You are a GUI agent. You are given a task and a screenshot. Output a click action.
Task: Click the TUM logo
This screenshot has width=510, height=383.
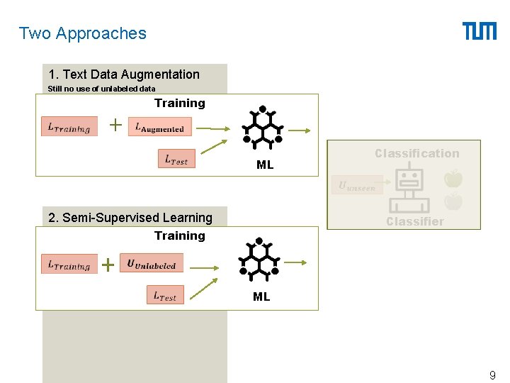pyautogui.click(x=480, y=31)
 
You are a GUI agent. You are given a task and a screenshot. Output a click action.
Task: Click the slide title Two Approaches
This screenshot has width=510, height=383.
pyautogui.click(x=82, y=33)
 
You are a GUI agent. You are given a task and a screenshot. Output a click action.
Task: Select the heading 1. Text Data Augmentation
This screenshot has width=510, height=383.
pyautogui.click(x=124, y=74)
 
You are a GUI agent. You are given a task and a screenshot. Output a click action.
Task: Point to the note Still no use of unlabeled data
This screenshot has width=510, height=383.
pyautogui.click(x=101, y=89)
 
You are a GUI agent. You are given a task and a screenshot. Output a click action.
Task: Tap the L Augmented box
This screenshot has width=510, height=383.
pyautogui.click(x=160, y=128)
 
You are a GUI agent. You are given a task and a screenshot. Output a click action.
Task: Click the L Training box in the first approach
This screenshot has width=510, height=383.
pyautogui.click(x=69, y=127)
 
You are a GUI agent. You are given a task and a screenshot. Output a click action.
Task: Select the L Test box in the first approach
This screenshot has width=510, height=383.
pyautogui.click(x=176, y=160)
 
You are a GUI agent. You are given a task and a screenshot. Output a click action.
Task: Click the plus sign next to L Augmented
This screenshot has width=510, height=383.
pyautogui.click(x=115, y=126)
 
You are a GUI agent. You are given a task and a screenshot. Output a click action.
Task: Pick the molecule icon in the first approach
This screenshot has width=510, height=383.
pyautogui.click(x=263, y=129)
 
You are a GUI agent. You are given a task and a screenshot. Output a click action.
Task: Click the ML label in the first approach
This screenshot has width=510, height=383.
pyautogui.click(x=265, y=165)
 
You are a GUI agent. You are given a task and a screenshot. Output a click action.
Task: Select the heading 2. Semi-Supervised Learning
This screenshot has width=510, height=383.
pyautogui.click(x=130, y=218)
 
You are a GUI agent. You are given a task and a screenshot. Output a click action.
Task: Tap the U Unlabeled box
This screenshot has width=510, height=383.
pyautogui.click(x=152, y=264)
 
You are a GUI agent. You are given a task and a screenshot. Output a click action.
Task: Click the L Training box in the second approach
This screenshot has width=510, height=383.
pyautogui.click(x=69, y=265)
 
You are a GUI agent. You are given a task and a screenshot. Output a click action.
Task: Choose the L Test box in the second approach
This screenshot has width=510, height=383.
pyautogui.click(x=165, y=295)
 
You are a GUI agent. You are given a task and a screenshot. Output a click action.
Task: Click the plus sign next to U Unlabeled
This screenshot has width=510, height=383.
pyautogui.click(x=108, y=265)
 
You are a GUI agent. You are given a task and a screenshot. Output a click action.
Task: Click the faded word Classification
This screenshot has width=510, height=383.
pyautogui.click(x=416, y=153)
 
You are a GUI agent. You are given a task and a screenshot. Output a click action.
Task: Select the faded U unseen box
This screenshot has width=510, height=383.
pyautogui.click(x=358, y=186)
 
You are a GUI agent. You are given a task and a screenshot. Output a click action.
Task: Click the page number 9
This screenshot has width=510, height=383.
pyautogui.click(x=492, y=374)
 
